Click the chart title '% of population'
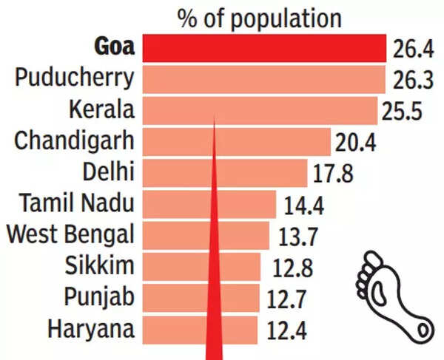point(259,18)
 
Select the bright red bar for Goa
point(264,48)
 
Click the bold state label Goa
point(115,47)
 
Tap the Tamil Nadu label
point(77,203)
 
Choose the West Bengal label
point(70,234)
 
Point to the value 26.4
point(413,51)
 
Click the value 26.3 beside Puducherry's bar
point(412,79)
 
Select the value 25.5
point(404,112)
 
